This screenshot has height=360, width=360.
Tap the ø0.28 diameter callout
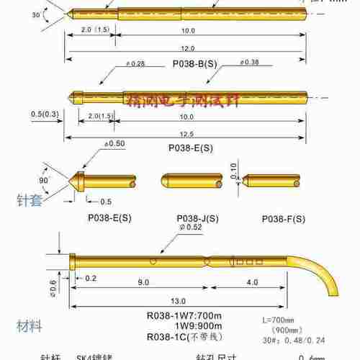tap(135, 64)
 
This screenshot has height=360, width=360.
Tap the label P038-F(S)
tap(282, 217)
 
